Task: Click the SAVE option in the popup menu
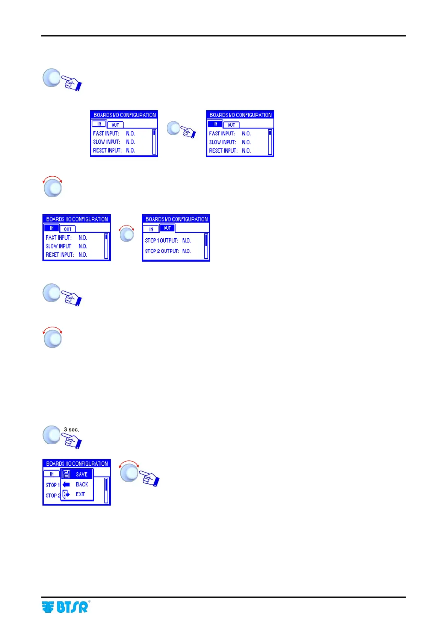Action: (82, 474)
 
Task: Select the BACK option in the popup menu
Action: (82, 485)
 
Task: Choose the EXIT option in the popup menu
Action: (80, 494)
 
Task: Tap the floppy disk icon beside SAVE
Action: (66, 474)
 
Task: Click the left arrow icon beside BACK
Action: (66, 485)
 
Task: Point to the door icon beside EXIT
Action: (66, 494)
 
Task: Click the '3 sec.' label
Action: (71, 430)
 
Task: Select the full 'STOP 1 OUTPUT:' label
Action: (162, 241)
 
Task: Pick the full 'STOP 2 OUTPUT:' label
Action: (162, 251)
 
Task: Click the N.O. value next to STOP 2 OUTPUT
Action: (187, 251)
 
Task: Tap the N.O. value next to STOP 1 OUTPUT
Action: (187, 241)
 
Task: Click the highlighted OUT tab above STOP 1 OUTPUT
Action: (167, 228)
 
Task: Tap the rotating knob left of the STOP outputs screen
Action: (127, 235)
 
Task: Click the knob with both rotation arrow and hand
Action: (130, 472)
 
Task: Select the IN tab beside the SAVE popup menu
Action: (52, 474)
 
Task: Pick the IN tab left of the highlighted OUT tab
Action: (151, 229)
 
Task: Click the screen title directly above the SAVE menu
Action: (77, 464)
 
